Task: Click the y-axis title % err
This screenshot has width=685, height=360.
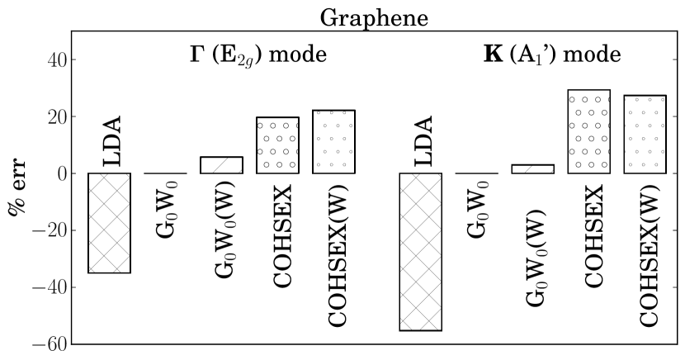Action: pos(17,187)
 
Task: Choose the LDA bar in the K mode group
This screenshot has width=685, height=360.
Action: pos(420,252)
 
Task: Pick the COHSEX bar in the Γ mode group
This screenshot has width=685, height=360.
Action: pos(277,145)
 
